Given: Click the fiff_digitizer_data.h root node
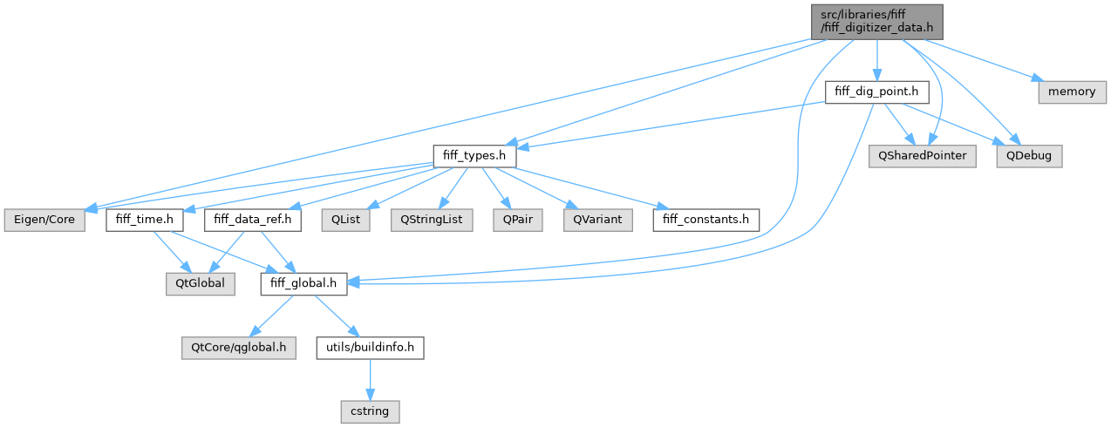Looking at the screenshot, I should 877,21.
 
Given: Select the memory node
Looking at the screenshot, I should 1072,91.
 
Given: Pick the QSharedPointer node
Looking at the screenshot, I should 923,156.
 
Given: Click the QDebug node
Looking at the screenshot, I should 1033,156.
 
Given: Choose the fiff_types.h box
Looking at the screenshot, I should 474,156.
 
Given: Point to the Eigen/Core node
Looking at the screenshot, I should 43,220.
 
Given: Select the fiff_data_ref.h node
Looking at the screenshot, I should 253,220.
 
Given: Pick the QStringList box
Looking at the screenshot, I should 431,220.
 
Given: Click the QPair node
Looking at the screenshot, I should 518,220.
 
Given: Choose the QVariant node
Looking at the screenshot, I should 597,220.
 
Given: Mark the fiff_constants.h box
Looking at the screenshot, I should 706,220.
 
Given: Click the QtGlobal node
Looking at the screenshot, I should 201,283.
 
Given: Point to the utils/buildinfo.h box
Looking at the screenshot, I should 370,347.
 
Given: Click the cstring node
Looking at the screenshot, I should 370,410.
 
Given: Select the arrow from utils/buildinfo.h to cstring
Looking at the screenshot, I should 370,378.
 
